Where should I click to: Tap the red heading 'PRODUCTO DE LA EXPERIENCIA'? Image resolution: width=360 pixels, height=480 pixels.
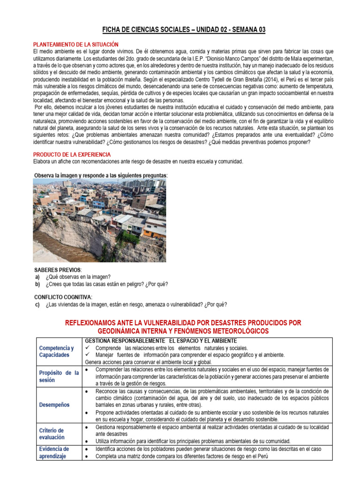(72, 154)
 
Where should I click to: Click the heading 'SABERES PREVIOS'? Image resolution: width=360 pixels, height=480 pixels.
(58, 270)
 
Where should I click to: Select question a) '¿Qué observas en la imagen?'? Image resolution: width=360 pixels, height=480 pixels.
(78, 277)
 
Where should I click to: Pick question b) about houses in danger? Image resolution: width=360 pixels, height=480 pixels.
(106, 284)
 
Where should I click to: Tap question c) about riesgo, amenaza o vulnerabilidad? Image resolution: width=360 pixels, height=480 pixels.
(136, 304)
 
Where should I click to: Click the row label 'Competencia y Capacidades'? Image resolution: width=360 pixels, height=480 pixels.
(57, 352)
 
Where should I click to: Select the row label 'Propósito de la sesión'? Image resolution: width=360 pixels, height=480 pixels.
(59, 376)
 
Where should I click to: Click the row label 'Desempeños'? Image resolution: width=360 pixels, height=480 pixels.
(55, 404)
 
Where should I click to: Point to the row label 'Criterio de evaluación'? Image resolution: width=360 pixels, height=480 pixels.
(52, 434)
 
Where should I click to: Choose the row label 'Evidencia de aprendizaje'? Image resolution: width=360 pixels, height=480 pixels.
(54, 452)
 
